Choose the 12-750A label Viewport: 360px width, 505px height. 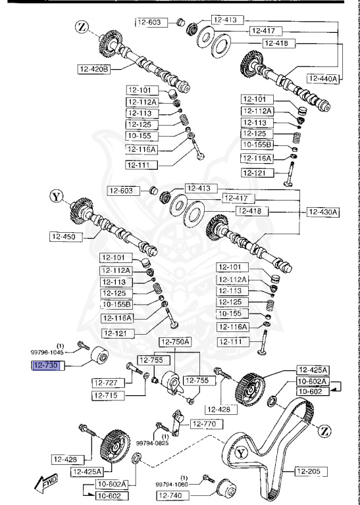point(174,341)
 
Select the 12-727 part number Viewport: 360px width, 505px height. point(105,382)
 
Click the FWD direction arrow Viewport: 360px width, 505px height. point(49,485)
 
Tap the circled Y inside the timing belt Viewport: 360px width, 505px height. point(241,453)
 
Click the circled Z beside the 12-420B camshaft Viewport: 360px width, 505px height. point(81,28)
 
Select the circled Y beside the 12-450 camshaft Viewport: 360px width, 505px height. point(56,195)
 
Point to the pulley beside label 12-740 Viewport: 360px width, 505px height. point(229,490)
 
